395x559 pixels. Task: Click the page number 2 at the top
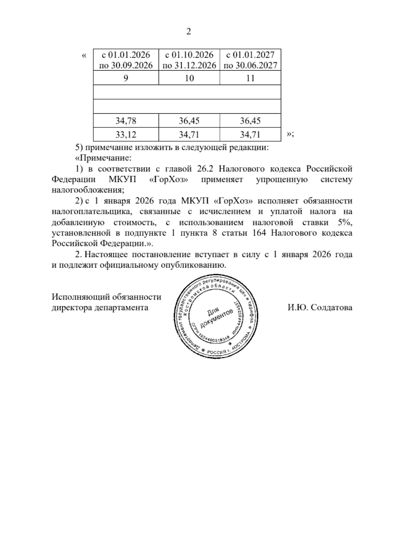click(x=189, y=32)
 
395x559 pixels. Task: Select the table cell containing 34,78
click(x=126, y=121)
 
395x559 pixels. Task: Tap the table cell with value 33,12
click(x=126, y=135)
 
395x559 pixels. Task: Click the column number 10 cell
click(x=189, y=78)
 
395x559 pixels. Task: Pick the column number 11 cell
click(x=250, y=78)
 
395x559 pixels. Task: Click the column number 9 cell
click(x=126, y=78)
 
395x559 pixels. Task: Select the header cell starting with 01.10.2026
click(x=189, y=60)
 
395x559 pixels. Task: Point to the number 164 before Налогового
click(x=258, y=233)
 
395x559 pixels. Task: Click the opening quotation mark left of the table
click(x=84, y=55)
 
